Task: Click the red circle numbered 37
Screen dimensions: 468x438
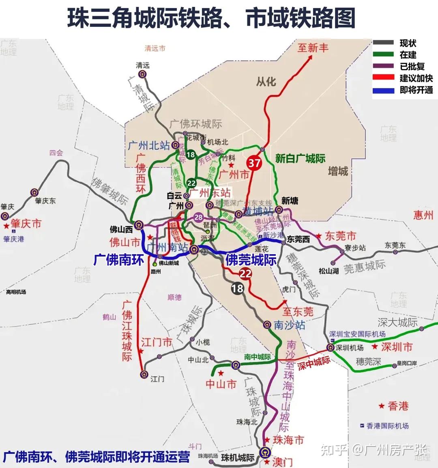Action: [254, 163]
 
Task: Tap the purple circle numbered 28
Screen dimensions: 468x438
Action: [198, 218]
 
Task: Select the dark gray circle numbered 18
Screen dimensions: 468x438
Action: [237, 288]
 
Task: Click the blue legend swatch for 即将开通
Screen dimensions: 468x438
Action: [383, 90]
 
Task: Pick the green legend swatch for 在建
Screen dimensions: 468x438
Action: [383, 54]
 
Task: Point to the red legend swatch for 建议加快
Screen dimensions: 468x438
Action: [383, 78]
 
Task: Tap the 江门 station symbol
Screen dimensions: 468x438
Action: [144, 375]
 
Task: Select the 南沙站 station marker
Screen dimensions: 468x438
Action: [267, 325]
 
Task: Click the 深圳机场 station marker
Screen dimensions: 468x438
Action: [330, 347]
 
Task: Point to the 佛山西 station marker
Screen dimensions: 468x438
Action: [139, 224]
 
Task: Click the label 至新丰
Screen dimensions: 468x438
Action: [313, 48]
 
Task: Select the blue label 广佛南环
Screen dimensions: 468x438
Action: [118, 260]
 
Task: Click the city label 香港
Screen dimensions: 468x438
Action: [398, 406]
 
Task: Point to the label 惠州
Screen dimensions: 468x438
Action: [423, 215]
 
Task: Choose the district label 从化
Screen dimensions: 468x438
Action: [266, 82]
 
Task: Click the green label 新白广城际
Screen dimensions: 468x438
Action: [300, 158]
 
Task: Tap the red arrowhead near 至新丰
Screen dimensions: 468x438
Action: [310, 57]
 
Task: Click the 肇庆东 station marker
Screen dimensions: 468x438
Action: [35, 192]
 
